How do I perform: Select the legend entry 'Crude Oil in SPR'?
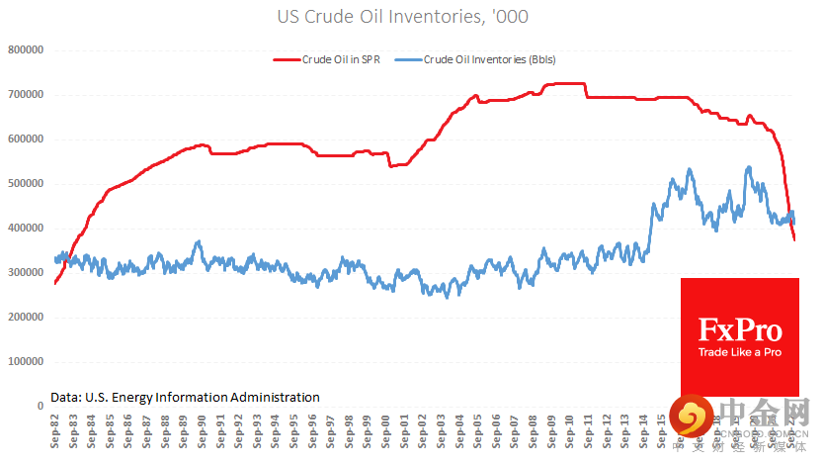[x=342, y=59]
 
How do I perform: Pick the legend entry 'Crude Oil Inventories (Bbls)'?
[x=489, y=59]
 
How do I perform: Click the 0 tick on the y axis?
[x=41, y=407]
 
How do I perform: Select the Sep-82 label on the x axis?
[x=55, y=433]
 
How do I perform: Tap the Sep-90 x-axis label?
[x=203, y=433]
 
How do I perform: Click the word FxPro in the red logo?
[x=739, y=329]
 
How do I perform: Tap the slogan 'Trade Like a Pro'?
[x=739, y=352]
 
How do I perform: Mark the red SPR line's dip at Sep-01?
[x=391, y=165]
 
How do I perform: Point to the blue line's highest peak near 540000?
[x=748, y=167]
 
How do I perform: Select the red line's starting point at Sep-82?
[x=55, y=283]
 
